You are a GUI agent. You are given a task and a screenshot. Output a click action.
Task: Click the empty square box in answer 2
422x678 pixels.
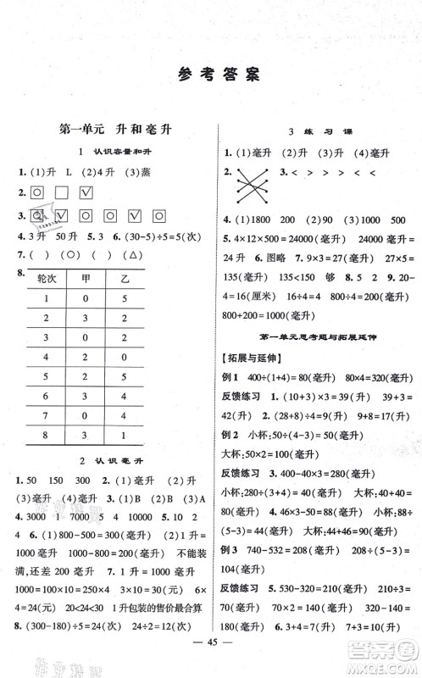61,196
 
